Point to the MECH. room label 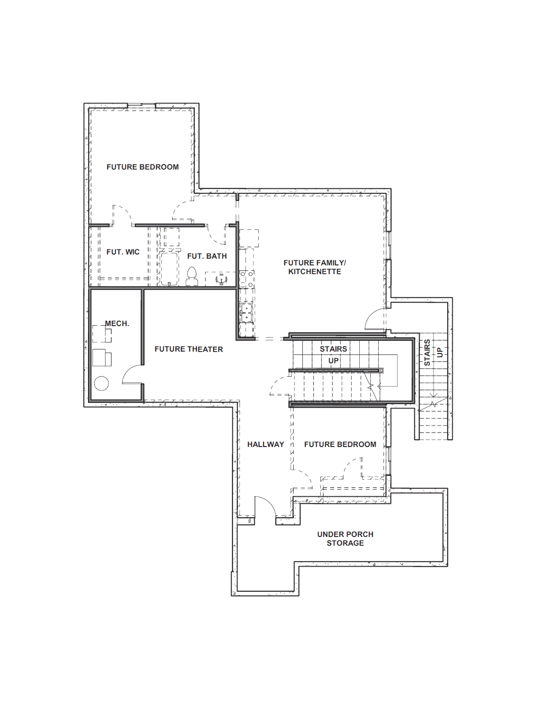tap(117, 323)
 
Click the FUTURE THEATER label tap(189, 349)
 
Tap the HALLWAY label tap(266, 444)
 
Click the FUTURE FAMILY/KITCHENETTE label tap(315, 267)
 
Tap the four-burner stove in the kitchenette tap(247, 279)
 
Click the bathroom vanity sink tap(221, 279)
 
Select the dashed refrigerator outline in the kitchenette tap(249, 238)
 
